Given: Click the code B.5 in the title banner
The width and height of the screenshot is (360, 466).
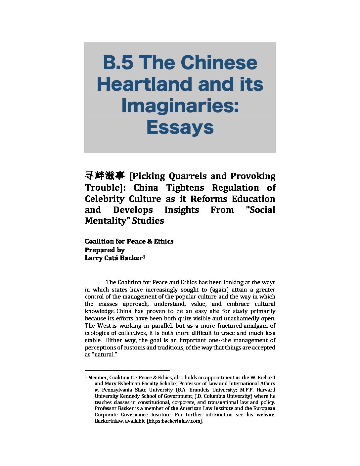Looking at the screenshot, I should [118, 63].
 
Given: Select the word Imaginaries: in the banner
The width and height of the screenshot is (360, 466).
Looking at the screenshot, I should [180, 106].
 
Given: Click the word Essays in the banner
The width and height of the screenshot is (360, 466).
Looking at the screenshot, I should [180, 127].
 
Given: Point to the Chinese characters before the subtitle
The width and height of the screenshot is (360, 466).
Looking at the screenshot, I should [105, 175].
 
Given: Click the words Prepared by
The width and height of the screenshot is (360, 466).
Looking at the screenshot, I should [105, 250].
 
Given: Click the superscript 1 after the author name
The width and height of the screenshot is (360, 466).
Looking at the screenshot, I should [144, 256].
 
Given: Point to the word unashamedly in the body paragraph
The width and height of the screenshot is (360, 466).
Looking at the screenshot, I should [242, 318].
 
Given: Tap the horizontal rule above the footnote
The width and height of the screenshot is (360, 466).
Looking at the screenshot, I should [127, 371].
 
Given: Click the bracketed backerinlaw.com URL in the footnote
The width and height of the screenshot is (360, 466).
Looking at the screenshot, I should [174, 421].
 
